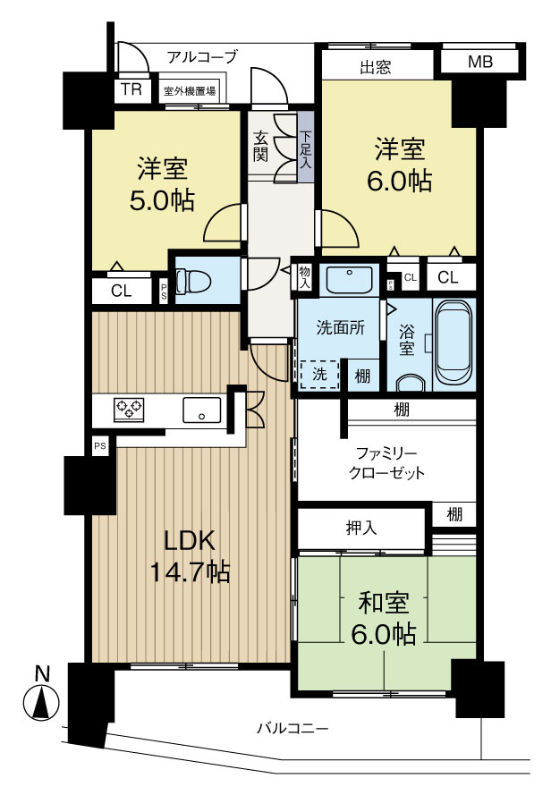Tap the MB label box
coord(479,63)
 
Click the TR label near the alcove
coord(131,90)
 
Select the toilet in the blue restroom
coord(192,282)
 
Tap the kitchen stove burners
coord(129,410)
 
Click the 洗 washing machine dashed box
coord(320,376)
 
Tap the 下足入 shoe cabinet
coord(306,146)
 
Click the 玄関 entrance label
coord(260,146)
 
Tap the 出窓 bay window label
coord(375,65)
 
